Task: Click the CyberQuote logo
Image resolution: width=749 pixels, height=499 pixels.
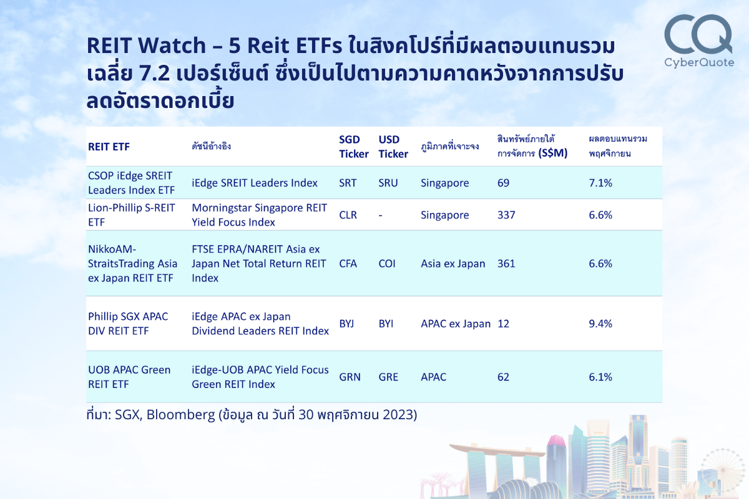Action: tap(698, 41)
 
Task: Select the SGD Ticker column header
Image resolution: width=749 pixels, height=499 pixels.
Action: tap(353, 147)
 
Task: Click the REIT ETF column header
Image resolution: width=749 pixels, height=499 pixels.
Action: tap(109, 147)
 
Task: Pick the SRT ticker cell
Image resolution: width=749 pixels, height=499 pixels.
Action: tap(348, 183)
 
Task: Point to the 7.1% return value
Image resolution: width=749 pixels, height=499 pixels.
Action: tap(600, 183)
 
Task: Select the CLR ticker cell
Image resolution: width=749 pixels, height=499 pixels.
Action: tap(348, 215)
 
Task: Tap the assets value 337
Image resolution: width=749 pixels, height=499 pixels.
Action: tap(506, 215)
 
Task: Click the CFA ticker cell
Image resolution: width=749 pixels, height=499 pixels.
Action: tap(348, 263)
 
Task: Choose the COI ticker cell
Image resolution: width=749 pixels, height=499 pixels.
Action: tap(387, 263)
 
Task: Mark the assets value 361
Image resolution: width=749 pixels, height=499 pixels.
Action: tap(506, 263)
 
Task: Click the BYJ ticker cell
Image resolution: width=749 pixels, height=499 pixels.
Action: tap(347, 324)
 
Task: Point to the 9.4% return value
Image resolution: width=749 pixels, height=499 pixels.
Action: tap(600, 324)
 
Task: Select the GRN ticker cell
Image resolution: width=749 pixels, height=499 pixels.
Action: tap(349, 377)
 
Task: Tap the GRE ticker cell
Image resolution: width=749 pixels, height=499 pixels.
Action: tap(388, 377)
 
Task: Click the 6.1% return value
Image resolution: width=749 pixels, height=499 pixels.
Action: tap(600, 377)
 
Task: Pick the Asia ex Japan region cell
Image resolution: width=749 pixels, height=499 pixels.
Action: tap(453, 263)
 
